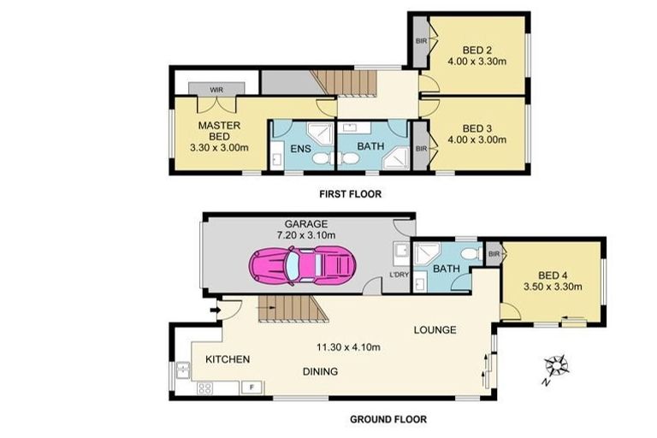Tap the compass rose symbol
(559, 366)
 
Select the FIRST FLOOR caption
(351, 194)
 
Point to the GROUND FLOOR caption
(388, 419)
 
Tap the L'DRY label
(399, 274)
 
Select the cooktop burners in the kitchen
(206, 388)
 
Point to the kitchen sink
(183, 370)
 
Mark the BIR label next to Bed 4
(494, 254)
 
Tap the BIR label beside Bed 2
(420, 40)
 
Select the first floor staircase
(344, 82)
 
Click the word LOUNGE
(435, 329)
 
